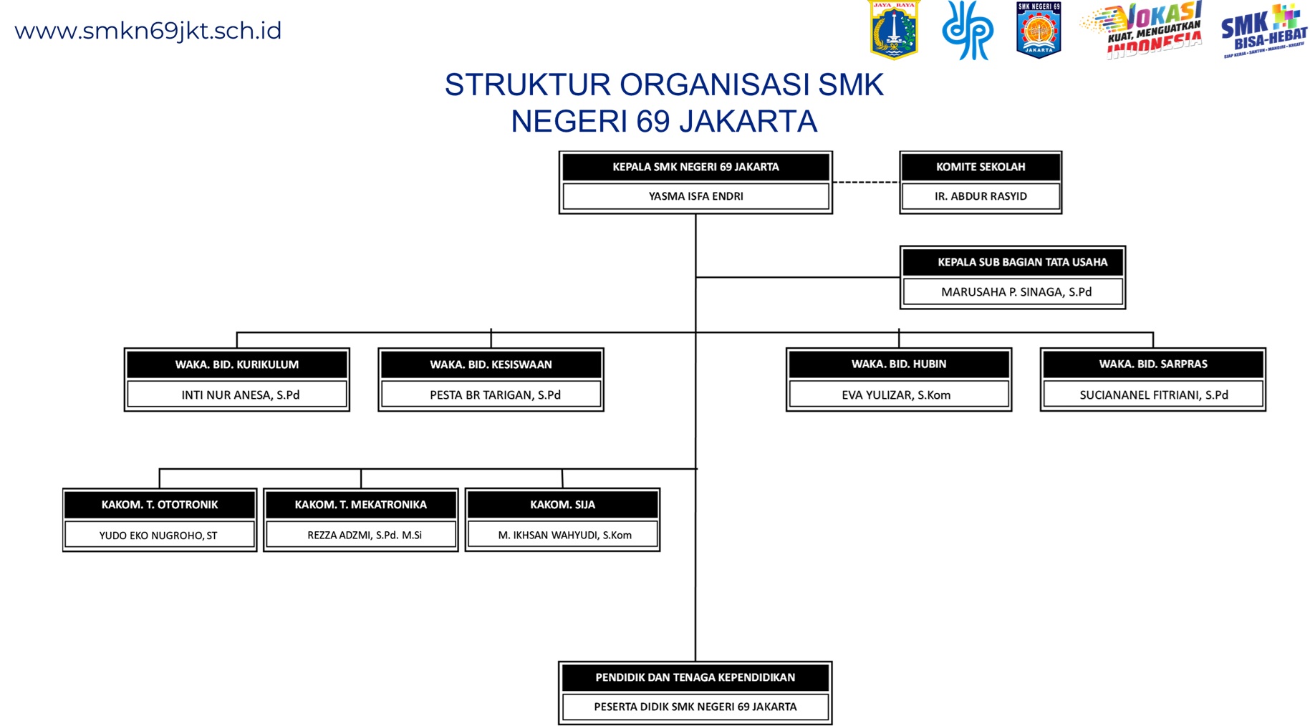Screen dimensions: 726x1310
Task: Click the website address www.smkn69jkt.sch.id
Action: tap(148, 31)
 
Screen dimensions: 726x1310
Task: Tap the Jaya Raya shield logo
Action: tap(893, 30)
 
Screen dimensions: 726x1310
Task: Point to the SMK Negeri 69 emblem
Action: tap(1039, 30)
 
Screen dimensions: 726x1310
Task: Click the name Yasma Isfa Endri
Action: tap(695, 196)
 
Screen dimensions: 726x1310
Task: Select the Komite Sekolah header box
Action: tap(981, 167)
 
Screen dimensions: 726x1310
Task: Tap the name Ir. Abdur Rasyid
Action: tap(981, 196)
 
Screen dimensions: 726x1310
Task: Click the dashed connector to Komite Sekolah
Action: tap(865, 182)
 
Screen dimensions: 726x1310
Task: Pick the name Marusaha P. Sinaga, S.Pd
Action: tap(1016, 292)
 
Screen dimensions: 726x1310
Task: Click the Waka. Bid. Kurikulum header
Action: tap(237, 364)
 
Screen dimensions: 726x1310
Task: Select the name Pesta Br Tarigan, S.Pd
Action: tap(495, 395)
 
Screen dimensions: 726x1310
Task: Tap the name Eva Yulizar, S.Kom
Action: tap(896, 395)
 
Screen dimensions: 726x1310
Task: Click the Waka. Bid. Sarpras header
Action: tap(1153, 364)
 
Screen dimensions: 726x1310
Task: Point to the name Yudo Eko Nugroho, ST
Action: tap(158, 535)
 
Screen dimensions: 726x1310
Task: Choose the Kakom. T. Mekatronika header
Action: tap(361, 505)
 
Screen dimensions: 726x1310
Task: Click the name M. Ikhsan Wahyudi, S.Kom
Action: tap(564, 535)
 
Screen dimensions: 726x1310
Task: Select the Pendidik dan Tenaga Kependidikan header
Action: tap(695, 677)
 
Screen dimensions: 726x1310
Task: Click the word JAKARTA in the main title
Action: tap(748, 122)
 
